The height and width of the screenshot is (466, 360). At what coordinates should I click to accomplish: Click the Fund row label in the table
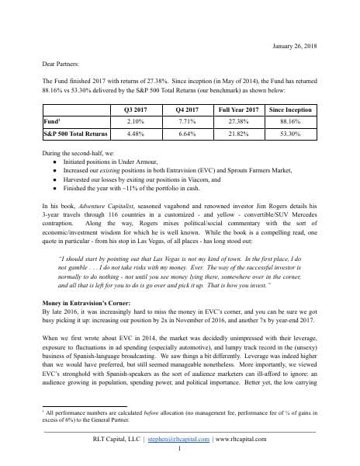[x=52, y=121]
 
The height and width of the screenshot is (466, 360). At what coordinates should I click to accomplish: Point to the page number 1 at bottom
[x=179, y=449]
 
